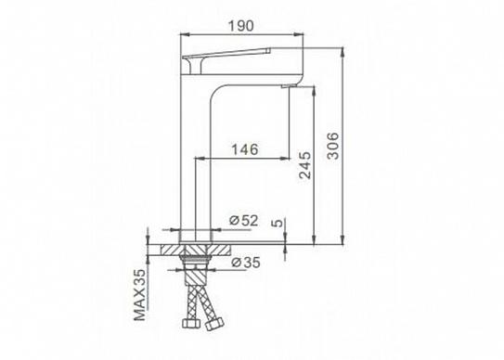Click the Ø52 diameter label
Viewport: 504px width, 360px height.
tap(243, 220)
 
